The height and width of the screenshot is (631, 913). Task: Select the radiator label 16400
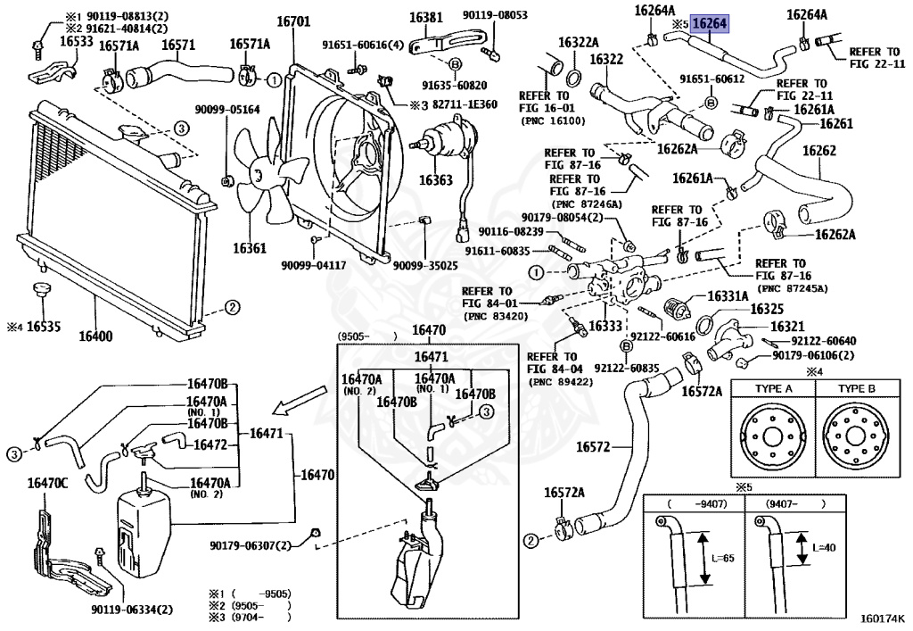pos(95,336)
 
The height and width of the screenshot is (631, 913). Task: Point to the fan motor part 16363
pos(437,179)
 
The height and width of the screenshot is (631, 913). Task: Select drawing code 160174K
pos(880,617)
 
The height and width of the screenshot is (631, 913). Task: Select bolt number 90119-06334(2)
pos(132,610)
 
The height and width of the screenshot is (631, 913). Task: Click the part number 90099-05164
pos(227,110)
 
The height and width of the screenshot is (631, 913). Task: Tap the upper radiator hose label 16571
pos(178,45)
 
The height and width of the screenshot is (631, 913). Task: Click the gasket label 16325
pos(766,309)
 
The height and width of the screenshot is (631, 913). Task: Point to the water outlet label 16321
pos(787,326)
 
